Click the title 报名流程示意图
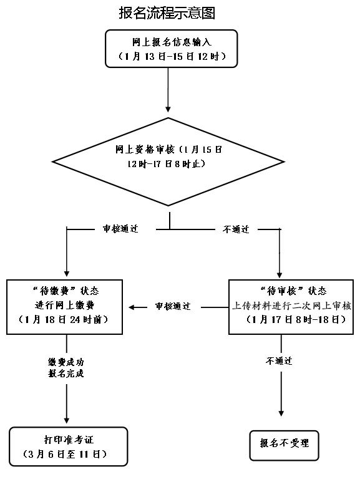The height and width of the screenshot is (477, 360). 167,13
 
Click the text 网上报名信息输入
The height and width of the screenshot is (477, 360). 172,42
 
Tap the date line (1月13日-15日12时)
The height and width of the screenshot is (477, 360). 172,57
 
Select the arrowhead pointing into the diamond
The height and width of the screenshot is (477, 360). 168,109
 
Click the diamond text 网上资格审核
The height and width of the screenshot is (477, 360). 145,150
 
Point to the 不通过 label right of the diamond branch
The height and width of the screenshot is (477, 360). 236,229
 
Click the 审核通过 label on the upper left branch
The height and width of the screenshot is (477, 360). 120,229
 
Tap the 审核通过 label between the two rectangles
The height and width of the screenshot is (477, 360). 173,306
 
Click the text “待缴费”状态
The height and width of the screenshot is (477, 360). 65,291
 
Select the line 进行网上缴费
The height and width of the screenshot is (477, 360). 65,305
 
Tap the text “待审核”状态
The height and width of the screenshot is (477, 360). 293,291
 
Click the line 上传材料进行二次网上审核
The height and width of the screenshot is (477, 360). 291,306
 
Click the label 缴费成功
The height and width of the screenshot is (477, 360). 66,362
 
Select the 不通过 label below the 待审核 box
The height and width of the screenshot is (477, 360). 279,361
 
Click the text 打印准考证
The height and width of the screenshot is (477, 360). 69,440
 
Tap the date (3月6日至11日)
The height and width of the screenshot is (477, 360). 65,454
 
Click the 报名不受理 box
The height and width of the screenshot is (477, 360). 285,445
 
